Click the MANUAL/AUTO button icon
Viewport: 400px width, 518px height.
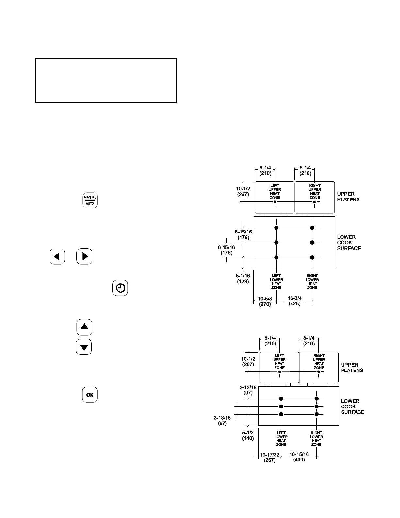pos(90,200)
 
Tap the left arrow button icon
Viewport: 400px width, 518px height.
pos(57,256)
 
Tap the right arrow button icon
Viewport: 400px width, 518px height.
pos(84,256)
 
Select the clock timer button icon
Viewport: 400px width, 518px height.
pos(120,288)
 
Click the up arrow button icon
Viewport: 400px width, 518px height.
pos(84,327)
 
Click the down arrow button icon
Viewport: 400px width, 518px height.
pos(84,347)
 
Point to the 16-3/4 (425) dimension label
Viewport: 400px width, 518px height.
pos(295,301)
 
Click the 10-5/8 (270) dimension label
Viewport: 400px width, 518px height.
pos(265,301)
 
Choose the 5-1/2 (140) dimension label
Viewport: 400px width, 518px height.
pos(248,435)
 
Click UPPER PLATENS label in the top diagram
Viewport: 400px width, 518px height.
pos(348,197)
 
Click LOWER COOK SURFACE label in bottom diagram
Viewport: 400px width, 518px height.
pos(352,406)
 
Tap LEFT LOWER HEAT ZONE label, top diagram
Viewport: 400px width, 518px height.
pos(276,282)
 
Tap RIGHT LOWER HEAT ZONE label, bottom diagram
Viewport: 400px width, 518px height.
pos(316,439)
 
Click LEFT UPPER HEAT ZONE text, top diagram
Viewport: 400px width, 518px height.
pos(275,192)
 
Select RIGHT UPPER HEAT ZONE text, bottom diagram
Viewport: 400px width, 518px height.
pos(319,362)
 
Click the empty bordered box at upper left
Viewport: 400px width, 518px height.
pos(106,80)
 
